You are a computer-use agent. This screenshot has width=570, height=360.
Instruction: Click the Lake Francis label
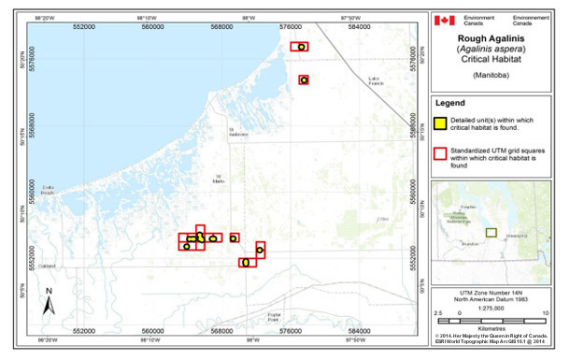pos(375,79)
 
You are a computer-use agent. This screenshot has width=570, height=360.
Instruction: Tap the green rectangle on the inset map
pos(490,232)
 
